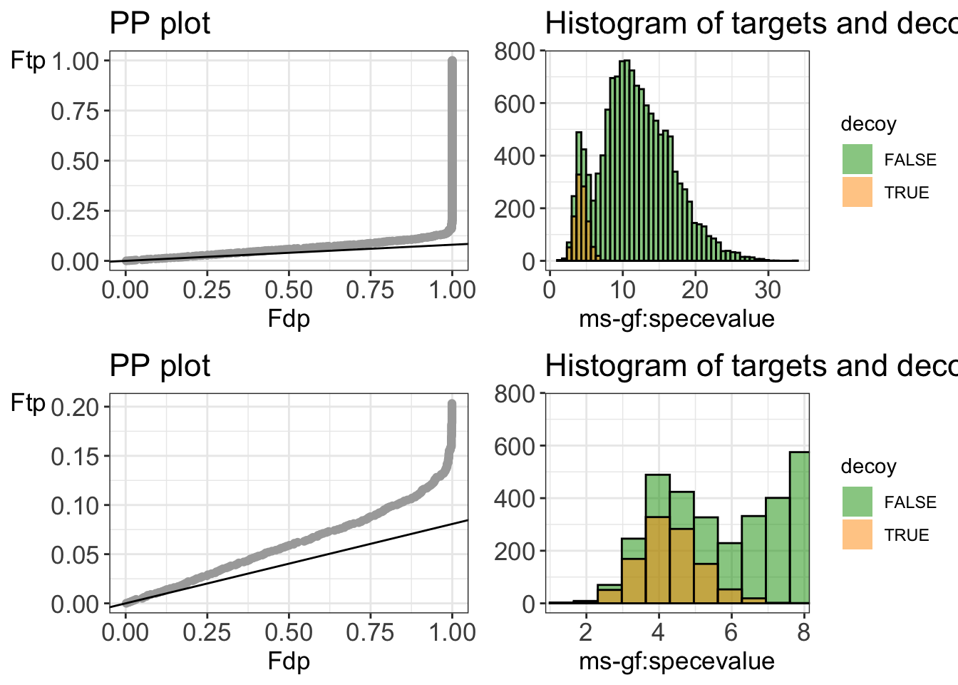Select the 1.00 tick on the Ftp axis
click(x=76, y=61)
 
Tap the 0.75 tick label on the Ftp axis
click(x=76, y=111)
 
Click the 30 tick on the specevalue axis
click(x=768, y=290)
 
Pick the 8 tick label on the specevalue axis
click(x=803, y=632)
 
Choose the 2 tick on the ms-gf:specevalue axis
click(x=586, y=632)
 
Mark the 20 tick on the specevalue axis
click(x=695, y=290)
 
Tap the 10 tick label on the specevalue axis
click(x=622, y=290)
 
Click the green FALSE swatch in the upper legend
click(x=857, y=159)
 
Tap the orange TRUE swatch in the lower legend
click(x=857, y=534)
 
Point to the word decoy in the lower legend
click(x=868, y=467)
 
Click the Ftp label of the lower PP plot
click(x=28, y=404)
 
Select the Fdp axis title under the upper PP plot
click(x=289, y=318)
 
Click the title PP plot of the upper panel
click(x=160, y=24)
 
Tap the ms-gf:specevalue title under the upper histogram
click(x=676, y=318)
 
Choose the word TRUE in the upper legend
click(x=906, y=193)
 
